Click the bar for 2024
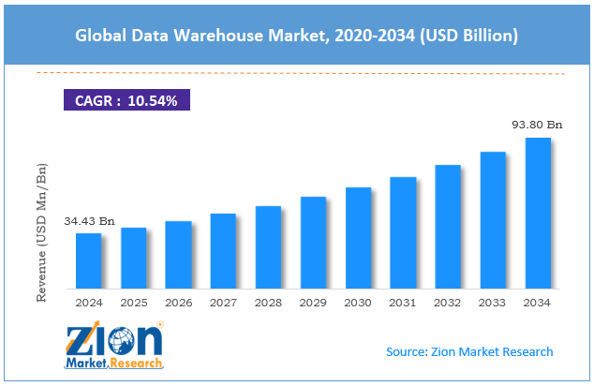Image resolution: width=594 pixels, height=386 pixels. [x=88, y=260]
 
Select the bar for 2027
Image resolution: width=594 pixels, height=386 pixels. [x=223, y=250]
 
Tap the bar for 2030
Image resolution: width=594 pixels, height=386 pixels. [x=358, y=237]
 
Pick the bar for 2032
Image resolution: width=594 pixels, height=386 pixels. [x=448, y=226]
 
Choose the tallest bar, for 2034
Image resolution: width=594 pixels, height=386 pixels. [x=538, y=213]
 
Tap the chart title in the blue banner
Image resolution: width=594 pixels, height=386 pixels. [x=296, y=35]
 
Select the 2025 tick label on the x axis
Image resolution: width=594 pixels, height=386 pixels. [x=133, y=304]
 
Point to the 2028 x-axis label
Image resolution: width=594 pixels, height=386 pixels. [x=268, y=304]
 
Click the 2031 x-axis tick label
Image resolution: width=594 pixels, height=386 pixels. [x=403, y=304]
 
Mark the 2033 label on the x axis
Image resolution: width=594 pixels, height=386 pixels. [x=493, y=304]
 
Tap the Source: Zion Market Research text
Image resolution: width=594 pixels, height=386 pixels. [x=469, y=351]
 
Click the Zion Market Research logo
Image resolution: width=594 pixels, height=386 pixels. [x=113, y=346]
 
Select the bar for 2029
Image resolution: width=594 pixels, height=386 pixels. [x=313, y=243]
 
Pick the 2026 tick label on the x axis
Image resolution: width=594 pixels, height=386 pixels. [x=178, y=304]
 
